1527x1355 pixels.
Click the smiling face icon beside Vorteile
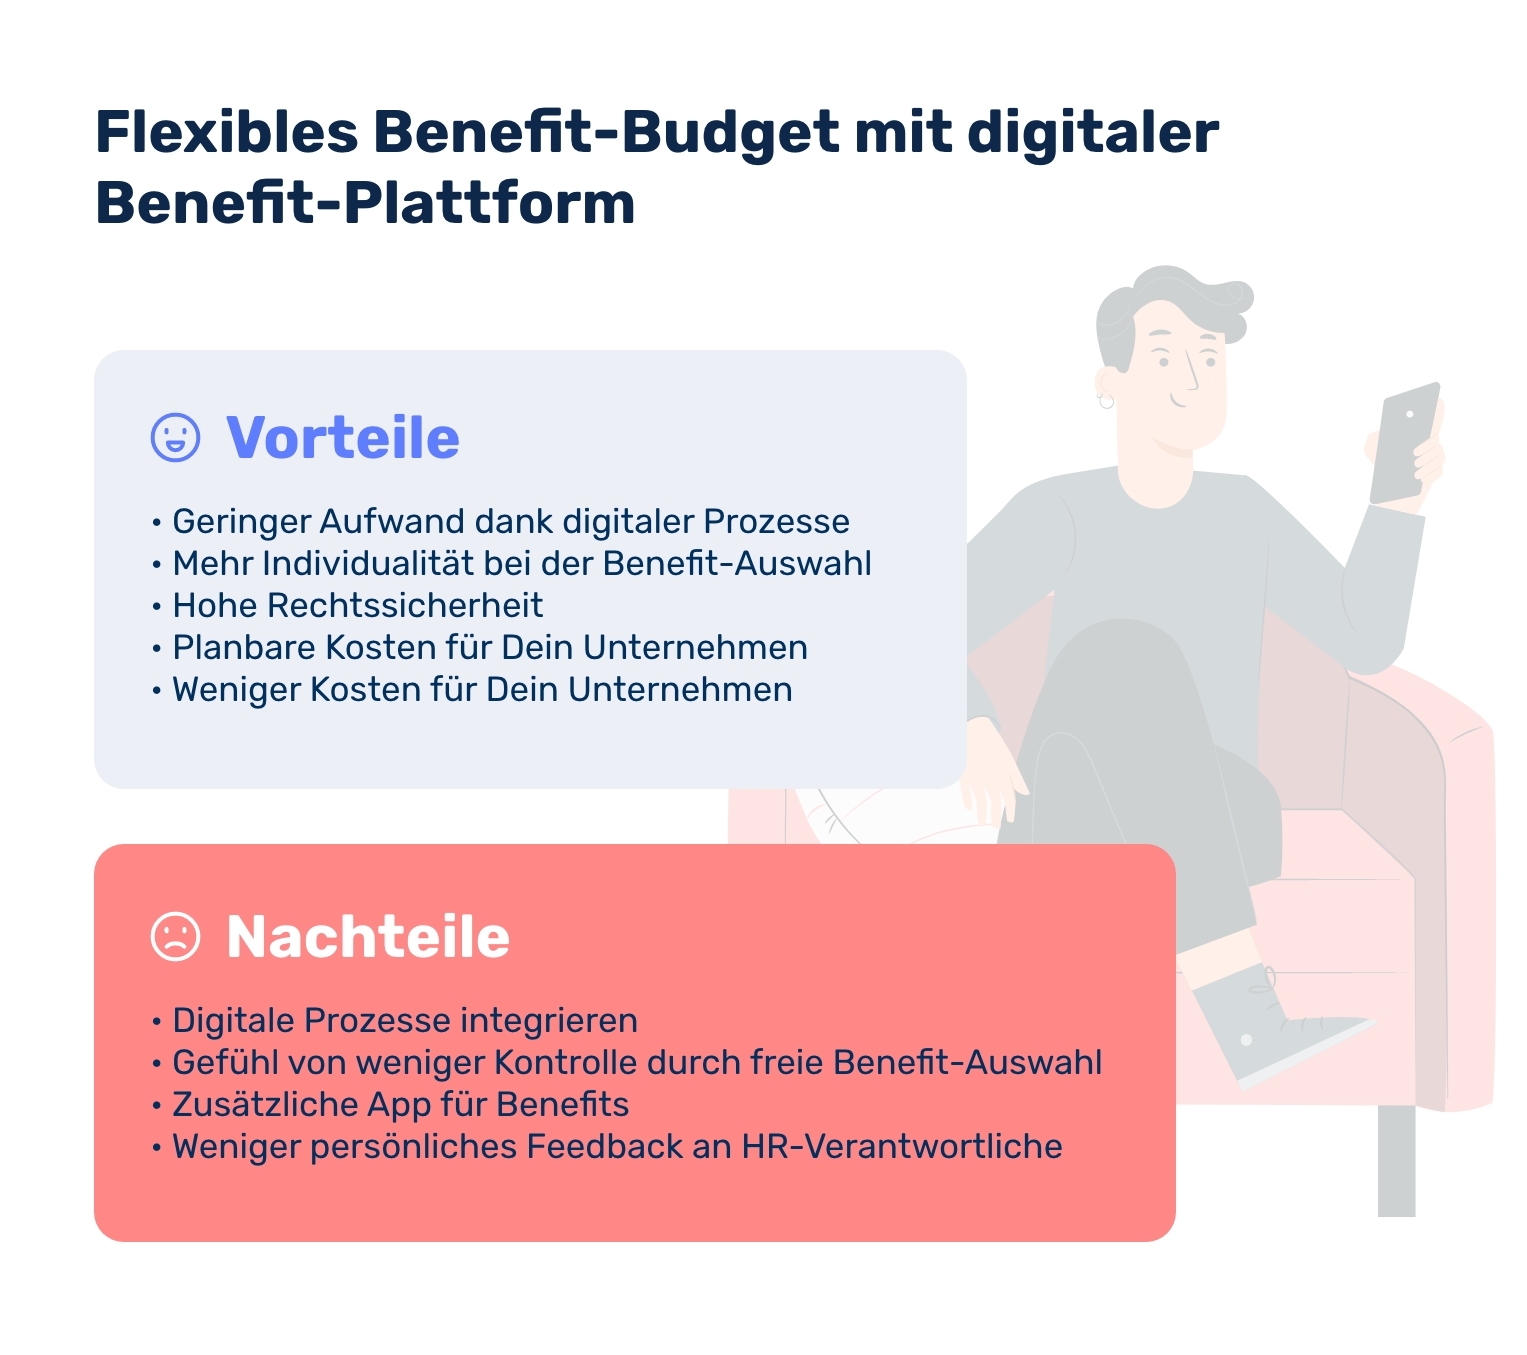175,437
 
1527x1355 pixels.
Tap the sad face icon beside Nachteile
175,936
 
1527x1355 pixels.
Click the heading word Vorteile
343,438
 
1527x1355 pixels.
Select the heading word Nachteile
368,937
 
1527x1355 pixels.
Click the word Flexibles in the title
227,132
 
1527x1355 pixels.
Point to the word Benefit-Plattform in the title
365,203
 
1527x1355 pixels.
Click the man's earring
1105,401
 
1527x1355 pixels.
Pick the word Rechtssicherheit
405,606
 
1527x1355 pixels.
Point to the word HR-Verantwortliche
901,1147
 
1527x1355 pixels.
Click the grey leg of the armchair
1396,1160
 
